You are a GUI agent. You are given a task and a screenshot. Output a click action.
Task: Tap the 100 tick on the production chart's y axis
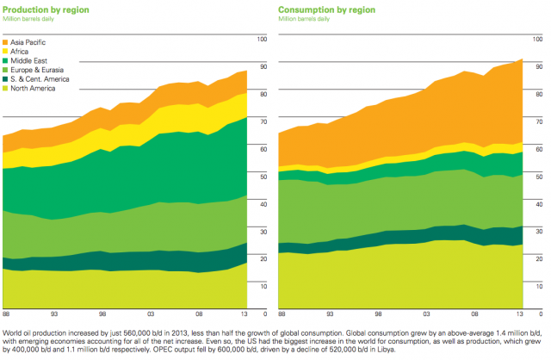pos(259,39)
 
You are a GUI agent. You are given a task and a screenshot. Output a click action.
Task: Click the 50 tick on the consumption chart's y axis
pos(539,176)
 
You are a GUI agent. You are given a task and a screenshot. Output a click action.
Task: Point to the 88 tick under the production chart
pos(6,316)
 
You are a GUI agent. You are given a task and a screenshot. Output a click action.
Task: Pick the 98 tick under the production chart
pos(102,316)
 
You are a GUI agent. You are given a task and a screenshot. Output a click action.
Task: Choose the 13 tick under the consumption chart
pos(521,316)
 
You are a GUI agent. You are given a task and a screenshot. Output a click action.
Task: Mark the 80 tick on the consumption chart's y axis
pos(539,93)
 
